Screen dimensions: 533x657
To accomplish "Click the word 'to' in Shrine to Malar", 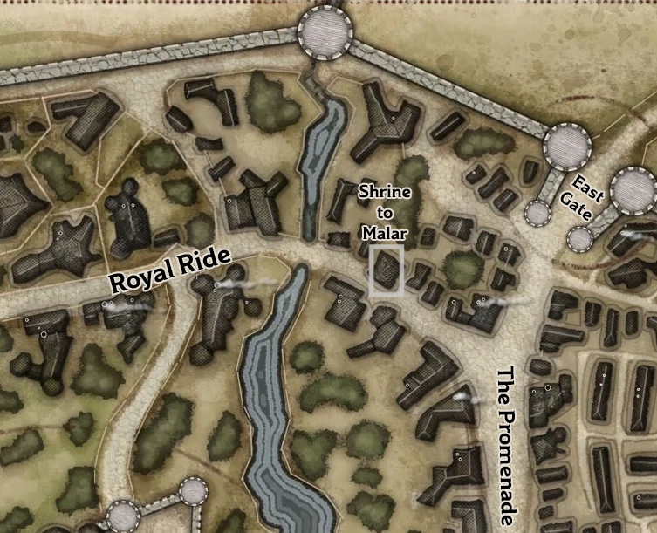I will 381,212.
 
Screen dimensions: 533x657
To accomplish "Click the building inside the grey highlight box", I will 386,271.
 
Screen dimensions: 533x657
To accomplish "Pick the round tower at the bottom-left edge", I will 123,516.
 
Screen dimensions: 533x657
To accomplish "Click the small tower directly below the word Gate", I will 579,238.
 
